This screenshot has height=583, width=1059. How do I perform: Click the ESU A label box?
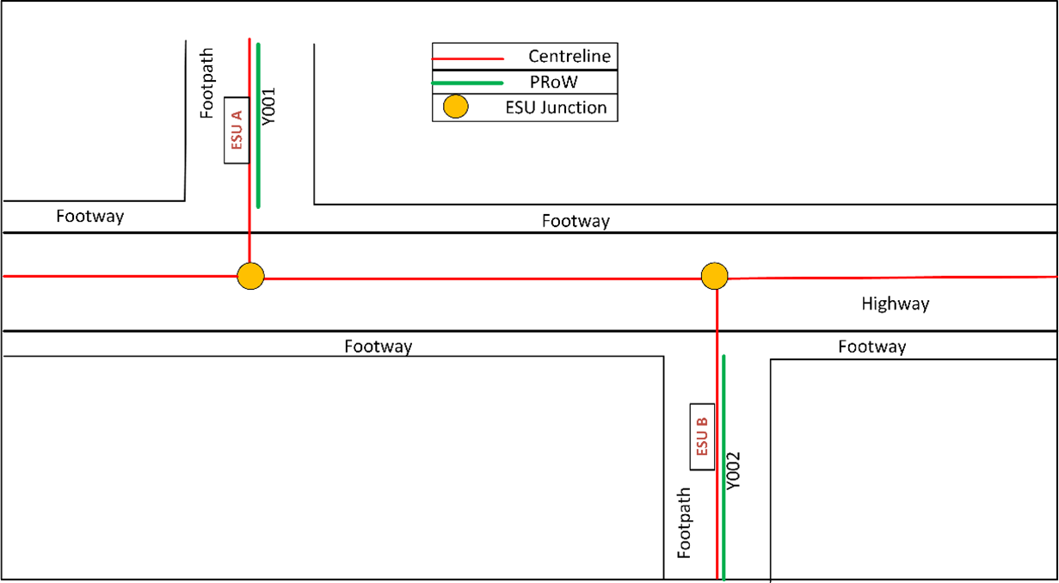[237, 130]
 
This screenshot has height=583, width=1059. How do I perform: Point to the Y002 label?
[734, 470]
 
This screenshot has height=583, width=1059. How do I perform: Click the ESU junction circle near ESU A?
[250, 276]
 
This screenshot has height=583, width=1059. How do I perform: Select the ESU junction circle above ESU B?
[715, 276]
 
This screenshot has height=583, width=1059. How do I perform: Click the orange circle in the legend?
[455, 107]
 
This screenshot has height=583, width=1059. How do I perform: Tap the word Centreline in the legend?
[569, 57]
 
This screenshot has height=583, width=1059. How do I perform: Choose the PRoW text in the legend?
[555, 82]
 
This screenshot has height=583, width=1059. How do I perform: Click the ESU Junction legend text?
[569, 107]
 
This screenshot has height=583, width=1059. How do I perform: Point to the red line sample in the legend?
[467, 58]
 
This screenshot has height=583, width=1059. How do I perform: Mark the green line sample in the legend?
[467, 83]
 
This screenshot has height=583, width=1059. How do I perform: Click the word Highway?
[896, 304]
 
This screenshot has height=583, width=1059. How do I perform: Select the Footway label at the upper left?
[90, 216]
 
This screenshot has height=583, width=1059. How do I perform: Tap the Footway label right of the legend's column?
[576, 221]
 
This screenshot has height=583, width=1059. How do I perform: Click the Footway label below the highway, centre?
[379, 347]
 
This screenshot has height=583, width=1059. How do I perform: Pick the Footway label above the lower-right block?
[872, 347]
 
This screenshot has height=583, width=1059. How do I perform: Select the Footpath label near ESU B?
[685, 524]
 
